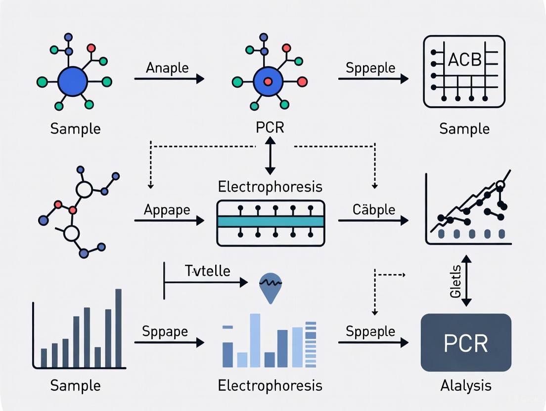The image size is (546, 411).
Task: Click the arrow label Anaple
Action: [x=167, y=68]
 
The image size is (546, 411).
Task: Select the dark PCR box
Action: [x=466, y=342]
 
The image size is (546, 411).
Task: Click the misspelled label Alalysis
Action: [x=466, y=385]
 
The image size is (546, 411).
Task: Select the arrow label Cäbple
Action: [x=373, y=209]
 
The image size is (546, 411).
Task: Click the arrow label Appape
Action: [x=167, y=209]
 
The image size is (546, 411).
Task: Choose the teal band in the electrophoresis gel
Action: [x=271, y=222]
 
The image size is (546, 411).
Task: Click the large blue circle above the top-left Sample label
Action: [x=73, y=82]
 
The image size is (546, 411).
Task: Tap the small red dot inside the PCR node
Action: [x=268, y=82]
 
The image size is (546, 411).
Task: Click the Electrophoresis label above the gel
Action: [x=270, y=187]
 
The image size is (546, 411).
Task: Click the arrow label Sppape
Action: [x=165, y=331]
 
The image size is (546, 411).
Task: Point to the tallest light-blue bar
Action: [x=255, y=341]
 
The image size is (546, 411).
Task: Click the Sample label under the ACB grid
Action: [x=464, y=129]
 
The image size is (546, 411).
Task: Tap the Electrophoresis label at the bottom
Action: [x=270, y=385]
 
